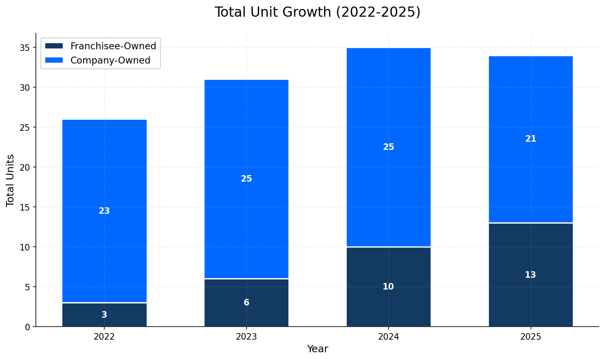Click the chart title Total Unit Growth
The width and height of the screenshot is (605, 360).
pos(317,12)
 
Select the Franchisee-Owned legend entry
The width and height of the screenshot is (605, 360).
pos(113,46)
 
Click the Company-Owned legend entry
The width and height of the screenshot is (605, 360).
pos(110,60)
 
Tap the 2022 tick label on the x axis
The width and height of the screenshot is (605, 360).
pos(104,337)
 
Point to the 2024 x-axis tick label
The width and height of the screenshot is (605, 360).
pos(388,337)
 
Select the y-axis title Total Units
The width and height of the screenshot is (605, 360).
pos(11,180)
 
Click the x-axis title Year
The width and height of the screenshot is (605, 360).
pos(317,349)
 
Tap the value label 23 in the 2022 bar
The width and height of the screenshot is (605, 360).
pos(104,211)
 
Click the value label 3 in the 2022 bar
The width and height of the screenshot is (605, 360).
pos(104,315)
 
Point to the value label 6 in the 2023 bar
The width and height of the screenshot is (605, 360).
pos(246,303)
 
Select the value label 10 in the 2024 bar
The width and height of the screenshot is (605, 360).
pos(388,287)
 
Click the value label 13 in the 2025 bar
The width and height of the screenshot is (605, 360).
pos(530,275)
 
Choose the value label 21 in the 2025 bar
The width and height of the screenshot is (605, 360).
pos(530,139)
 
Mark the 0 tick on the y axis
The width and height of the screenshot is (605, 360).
pos(27,327)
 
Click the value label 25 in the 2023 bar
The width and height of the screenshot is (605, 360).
pos(246,179)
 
